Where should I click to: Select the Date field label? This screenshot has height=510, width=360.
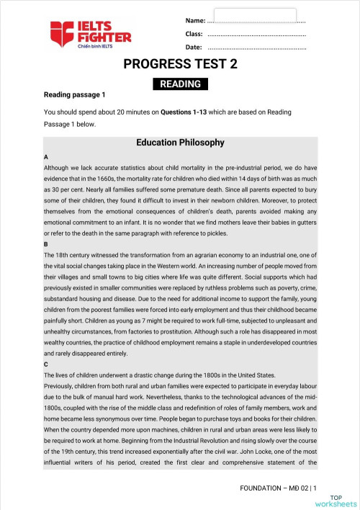coord(194,48)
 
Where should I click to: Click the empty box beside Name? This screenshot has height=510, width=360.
coord(255,15)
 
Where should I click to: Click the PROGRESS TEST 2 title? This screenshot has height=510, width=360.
coord(180,65)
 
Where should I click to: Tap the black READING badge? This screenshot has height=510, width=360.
coord(180,84)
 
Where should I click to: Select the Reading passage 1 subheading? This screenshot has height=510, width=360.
coord(75,95)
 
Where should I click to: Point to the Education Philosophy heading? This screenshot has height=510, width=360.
coord(180,143)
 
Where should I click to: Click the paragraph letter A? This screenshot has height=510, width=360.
coord(46,157)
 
